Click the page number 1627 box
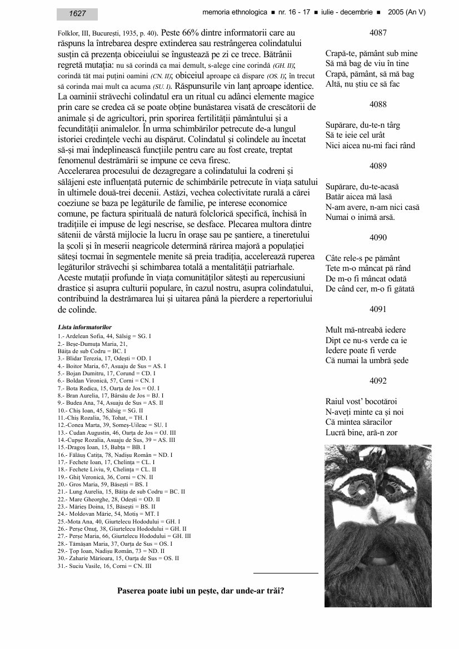(x=77, y=14)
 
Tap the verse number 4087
(x=378, y=33)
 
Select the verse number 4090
(x=378, y=238)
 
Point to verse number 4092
(x=378, y=381)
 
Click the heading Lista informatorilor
(x=84, y=328)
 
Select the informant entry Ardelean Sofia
(x=104, y=336)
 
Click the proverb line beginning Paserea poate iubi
(x=201, y=590)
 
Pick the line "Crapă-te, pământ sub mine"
(x=371, y=54)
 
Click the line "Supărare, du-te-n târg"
(x=362, y=125)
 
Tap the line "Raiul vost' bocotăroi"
(x=361, y=401)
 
